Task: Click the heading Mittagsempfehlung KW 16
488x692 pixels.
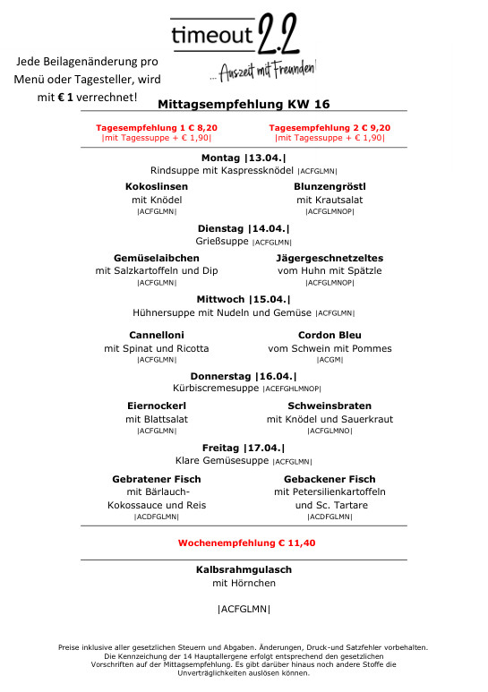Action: point(244,105)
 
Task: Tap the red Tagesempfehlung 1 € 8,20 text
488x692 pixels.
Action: point(157,128)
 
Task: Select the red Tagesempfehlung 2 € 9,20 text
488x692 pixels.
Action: point(330,128)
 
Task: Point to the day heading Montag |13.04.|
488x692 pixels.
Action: point(244,158)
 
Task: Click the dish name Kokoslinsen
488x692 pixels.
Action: point(157,186)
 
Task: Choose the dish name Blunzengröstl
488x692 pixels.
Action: point(330,186)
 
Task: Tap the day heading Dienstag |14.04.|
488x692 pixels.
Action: point(244,228)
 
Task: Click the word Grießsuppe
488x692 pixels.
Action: point(222,242)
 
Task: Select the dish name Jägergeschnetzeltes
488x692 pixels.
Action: point(330,258)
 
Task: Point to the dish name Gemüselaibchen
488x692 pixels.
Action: point(157,258)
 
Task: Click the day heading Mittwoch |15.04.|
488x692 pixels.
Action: point(244,299)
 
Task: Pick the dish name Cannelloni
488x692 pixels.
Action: point(157,335)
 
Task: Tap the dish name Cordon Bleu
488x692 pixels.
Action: point(330,335)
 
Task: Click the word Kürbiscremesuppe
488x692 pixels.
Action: point(216,389)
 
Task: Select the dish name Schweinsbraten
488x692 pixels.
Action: point(330,406)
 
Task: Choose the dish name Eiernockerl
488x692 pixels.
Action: point(157,406)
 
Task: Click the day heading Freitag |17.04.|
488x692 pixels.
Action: point(244,448)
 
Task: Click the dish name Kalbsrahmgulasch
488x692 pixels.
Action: point(244,569)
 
